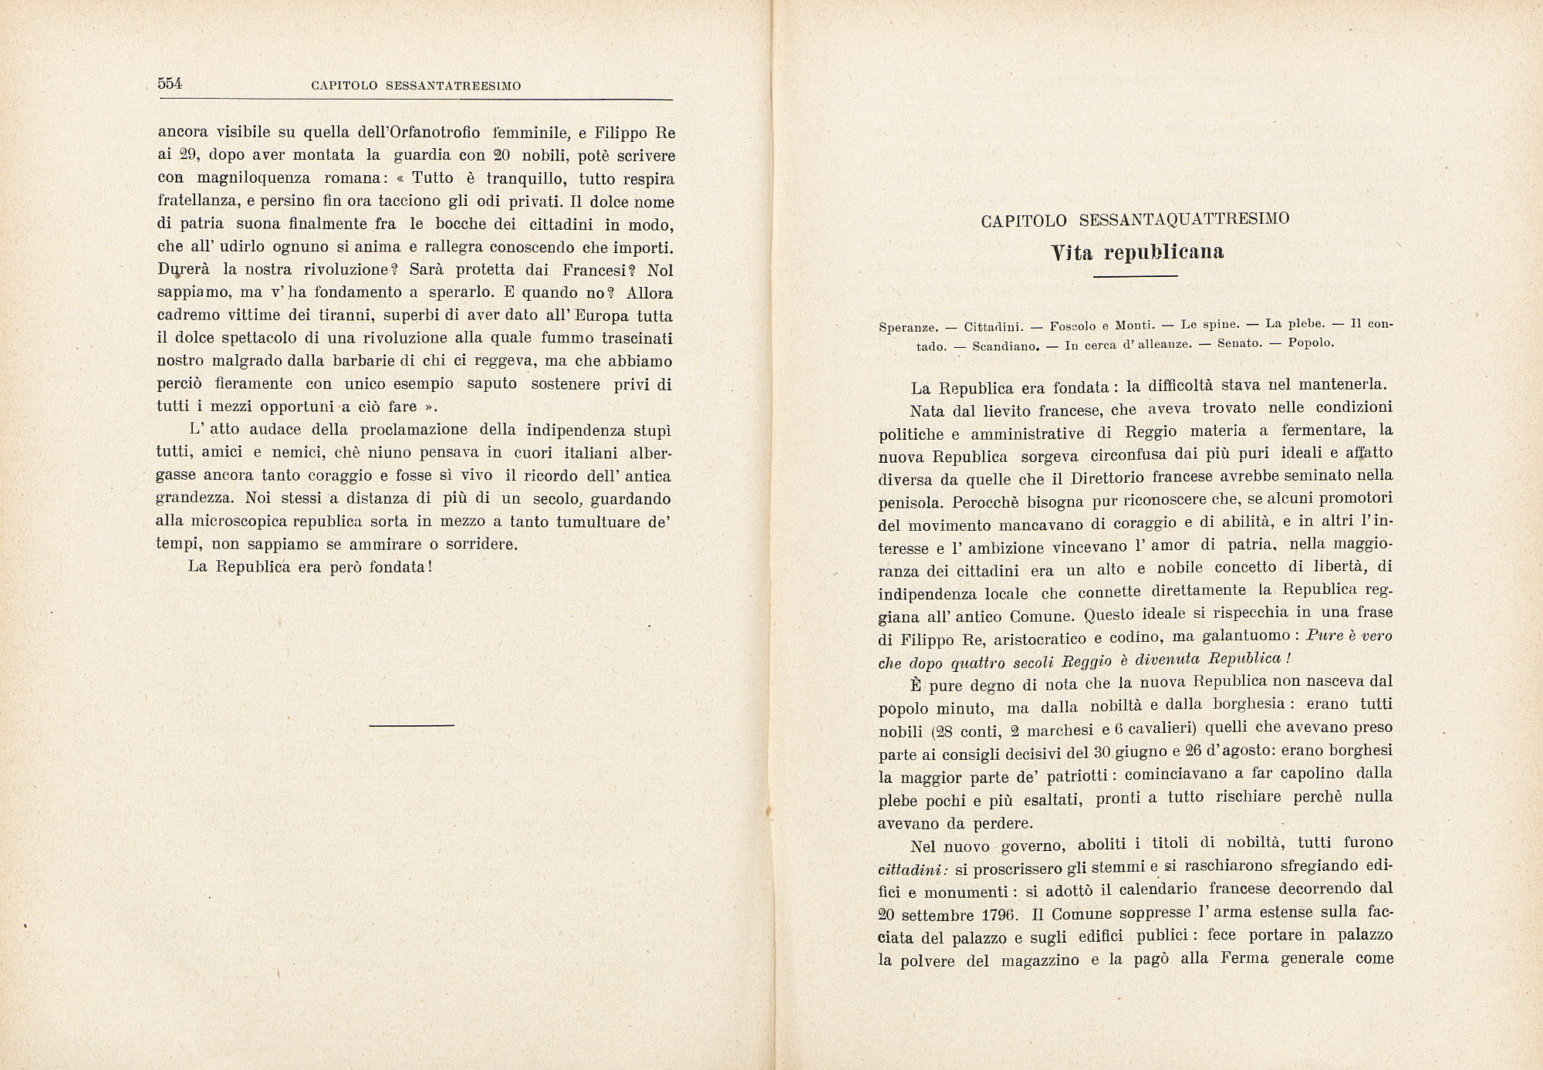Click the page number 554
(170, 84)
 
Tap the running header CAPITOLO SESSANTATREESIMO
(416, 86)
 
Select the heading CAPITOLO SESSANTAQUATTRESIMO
(1135, 220)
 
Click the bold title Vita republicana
(1137, 252)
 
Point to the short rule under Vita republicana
(1135, 276)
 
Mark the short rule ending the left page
(411, 725)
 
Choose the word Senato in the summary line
(1240, 343)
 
